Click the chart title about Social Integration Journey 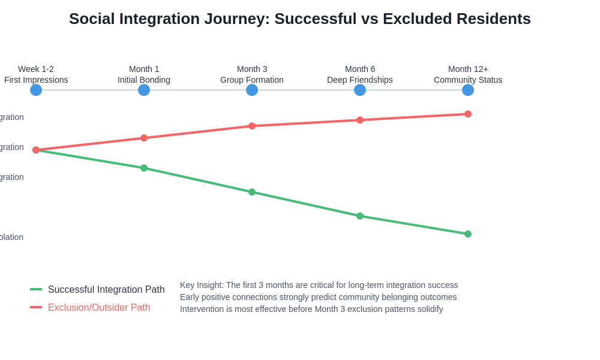pos(300,19)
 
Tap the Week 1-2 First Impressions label pos(36,74)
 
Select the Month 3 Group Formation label pos(252,74)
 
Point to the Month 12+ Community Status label pos(468,74)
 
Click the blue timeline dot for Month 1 pos(144,90)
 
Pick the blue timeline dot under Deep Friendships pos(360,90)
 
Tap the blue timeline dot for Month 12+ pos(468,90)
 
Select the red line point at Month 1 pos(144,138)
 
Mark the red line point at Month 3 pos(252,126)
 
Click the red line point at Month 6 pos(360,120)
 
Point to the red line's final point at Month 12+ pos(468,114)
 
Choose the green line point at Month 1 pos(144,168)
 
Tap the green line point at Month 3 pos(252,192)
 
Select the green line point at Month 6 pos(360,216)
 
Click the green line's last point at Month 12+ pos(468,234)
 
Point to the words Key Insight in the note pos(202,285)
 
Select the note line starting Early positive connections pos(318,297)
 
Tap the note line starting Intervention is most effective pos(311,309)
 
